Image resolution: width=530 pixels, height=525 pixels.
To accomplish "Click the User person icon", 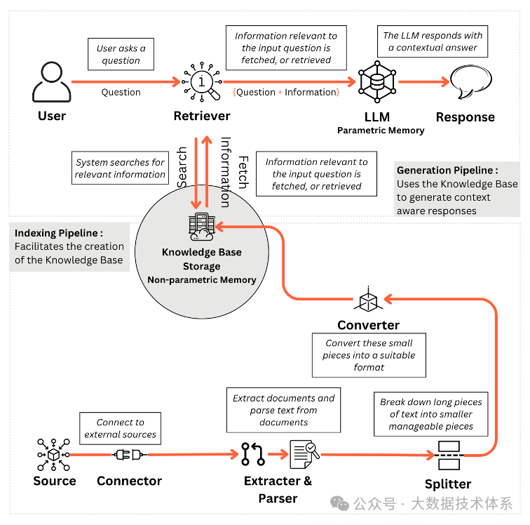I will pyautogui.click(x=51, y=81).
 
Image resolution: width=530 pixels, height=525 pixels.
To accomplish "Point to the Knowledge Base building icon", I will pyautogui.click(x=202, y=227).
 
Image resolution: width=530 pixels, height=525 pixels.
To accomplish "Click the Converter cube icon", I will pyautogui.click(x=367, y=301).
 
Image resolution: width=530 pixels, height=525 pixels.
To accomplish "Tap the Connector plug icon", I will pyautogui.click(x=129, y=455).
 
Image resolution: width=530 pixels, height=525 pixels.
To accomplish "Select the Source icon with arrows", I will pyautogui.click(x=53, y=455).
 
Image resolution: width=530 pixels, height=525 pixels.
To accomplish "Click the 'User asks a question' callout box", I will pyautogui.click(x=121, y=54).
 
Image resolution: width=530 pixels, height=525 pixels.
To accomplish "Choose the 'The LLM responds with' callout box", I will pyautogui.click(x=433, y=41).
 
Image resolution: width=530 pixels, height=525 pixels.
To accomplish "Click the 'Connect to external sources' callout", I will pyautogui.click(x=120, y=428).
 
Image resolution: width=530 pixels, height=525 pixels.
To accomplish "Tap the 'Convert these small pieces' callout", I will pyautogui.click(x=369, y=355).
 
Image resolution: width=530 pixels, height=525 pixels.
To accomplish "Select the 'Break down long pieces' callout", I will pyautogui.click(x=431, y=414).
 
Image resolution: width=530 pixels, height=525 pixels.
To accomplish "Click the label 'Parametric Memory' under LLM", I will pyautogui.click(x=381, y=131).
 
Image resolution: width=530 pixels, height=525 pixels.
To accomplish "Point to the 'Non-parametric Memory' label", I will pyautogui.click(x=201, y=279).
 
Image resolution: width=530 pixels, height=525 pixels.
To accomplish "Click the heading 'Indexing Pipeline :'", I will pyautogui.click(x=59, y=233).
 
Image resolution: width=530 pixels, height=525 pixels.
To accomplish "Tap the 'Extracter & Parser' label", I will pyautogui.click(x=278, y=489).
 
